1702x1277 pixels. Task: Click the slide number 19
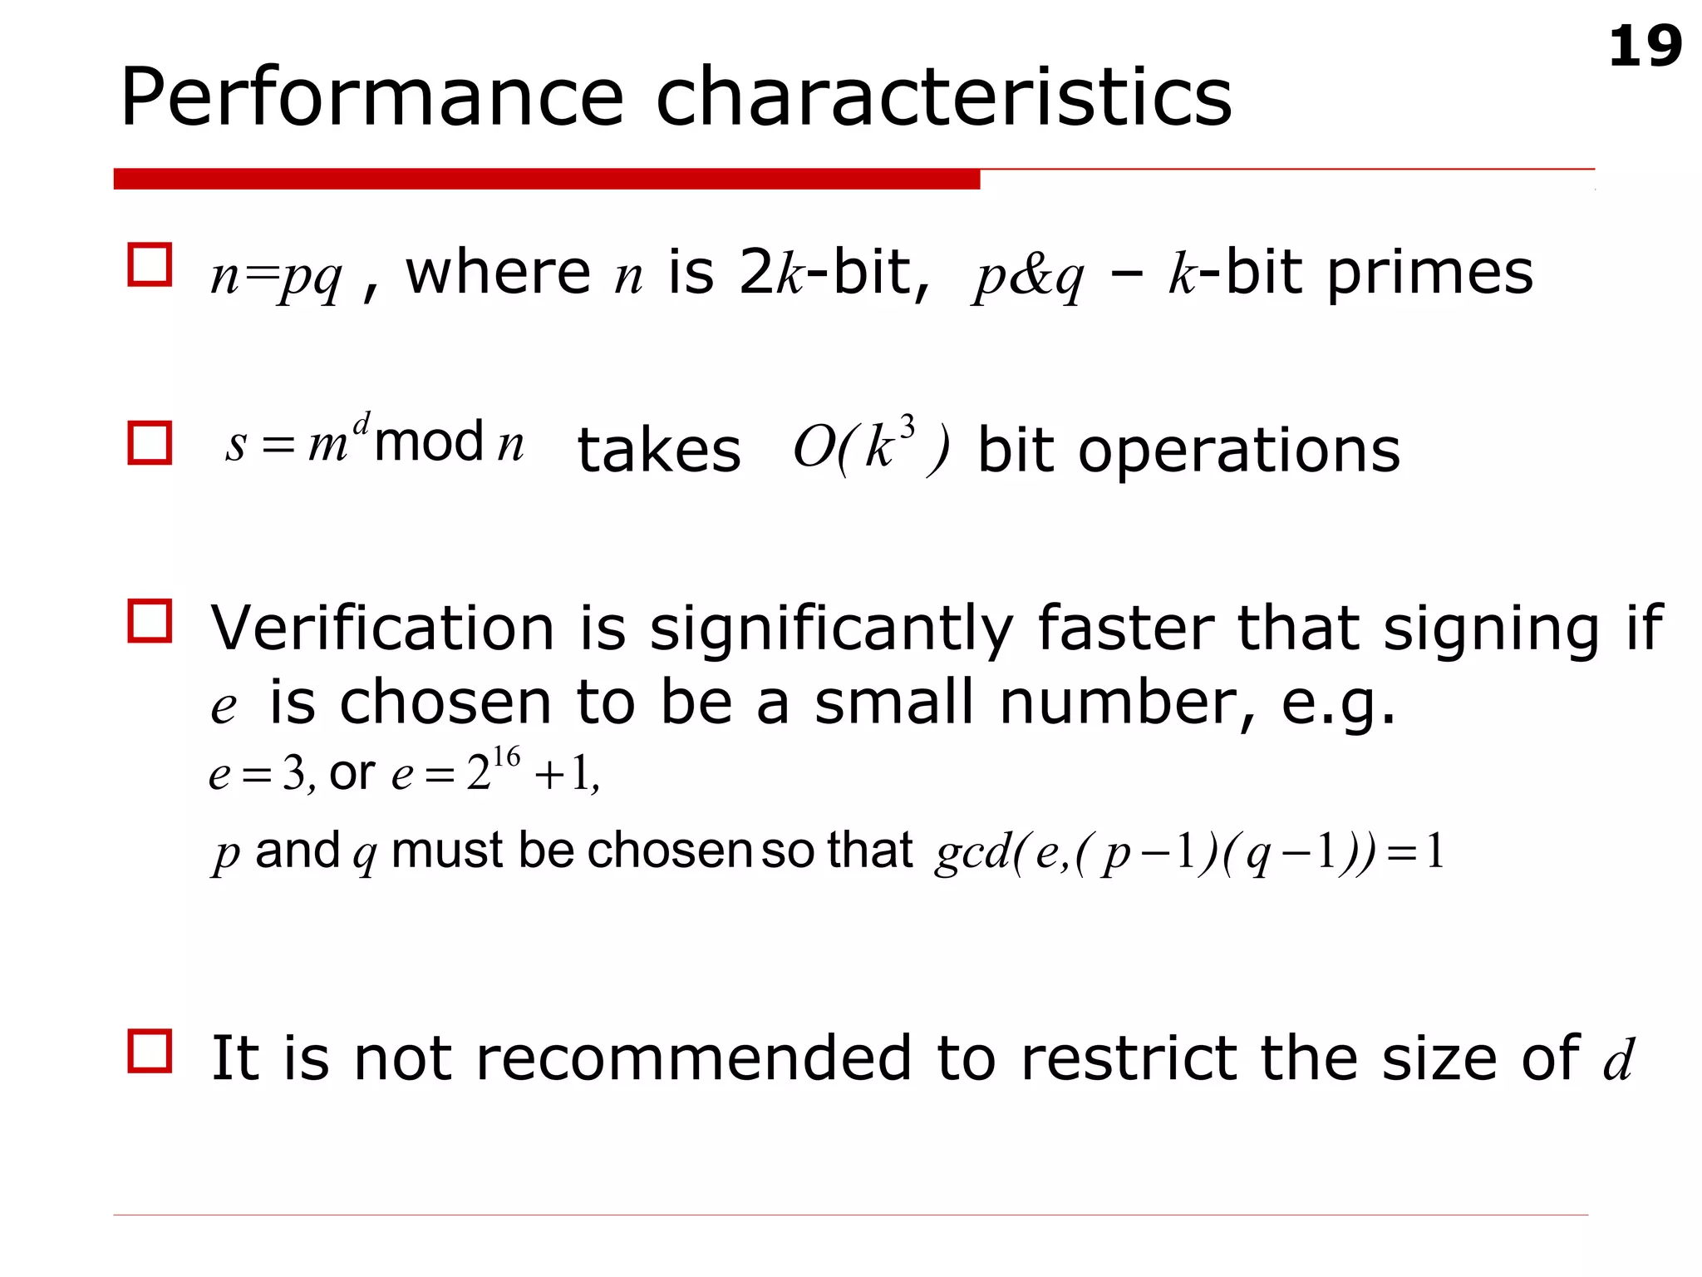click(x=1645, y=47)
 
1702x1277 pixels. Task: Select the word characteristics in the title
click(x=943, y=98)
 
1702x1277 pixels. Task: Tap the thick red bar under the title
click(x=546, y=179)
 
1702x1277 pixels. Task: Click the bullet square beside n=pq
click(x=150, y=265)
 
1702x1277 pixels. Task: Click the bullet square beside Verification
click(x=150, y=621)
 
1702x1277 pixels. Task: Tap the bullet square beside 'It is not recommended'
click(x=150, y=1051)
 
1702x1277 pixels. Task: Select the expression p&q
click(x=1029, y=276)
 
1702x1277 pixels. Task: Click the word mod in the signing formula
click(x=429, y=441)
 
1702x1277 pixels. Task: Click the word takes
click(x=659, y=451)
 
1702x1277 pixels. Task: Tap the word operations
click(x=1238, y=451)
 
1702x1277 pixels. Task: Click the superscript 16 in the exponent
click(x=506, y=757)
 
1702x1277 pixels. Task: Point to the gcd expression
click(x=1188, y=853)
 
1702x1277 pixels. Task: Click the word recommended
click(x=694, y=1058)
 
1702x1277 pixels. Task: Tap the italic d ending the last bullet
click(x=1618, y=1060)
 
